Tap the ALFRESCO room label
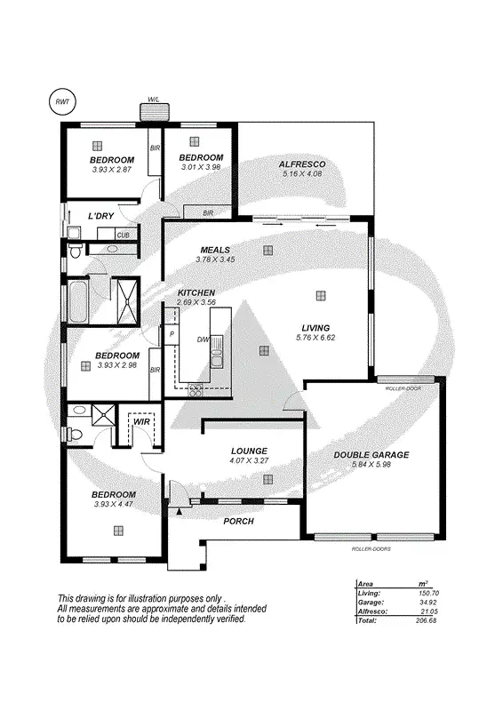(303, 164)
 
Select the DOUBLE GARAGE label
(371, 455)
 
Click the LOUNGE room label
(249, 451)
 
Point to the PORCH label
(238, 521)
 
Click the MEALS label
(215, 250)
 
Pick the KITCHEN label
(196, 292)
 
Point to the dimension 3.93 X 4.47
(114, 505)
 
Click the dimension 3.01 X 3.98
(200, 166)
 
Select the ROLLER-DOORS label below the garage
(371, 549)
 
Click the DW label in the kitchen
(203, 339)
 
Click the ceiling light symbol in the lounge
(267, 479)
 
